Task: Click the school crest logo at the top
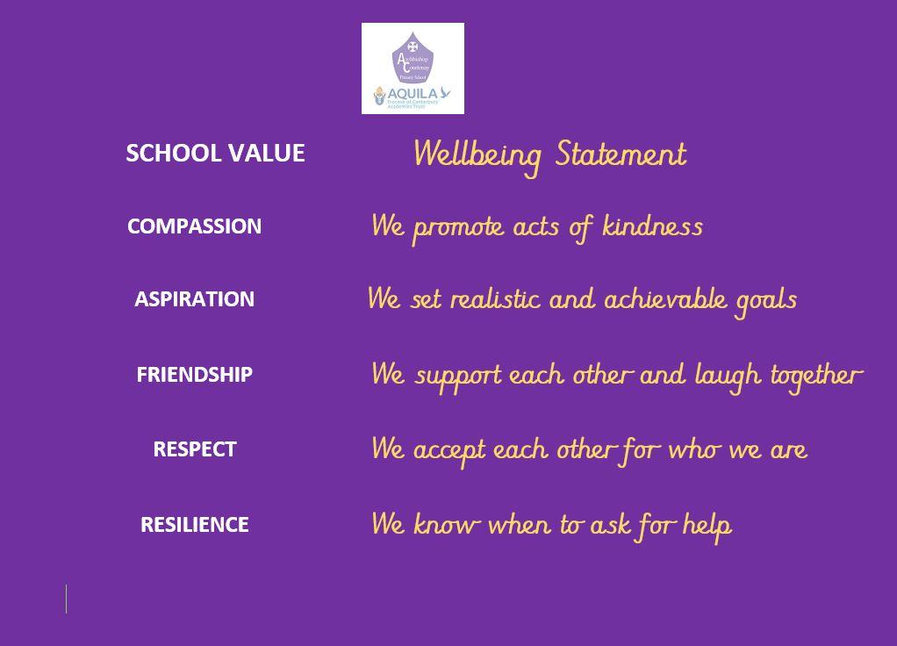[413, 68]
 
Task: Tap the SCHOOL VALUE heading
[215, 153]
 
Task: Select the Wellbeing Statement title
[549, 154]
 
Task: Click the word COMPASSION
[194, 226]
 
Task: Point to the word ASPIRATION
[194, 299]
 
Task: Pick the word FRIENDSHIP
[194, 375]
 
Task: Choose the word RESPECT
[194, 449]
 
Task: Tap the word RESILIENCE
[194, 525]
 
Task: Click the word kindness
[652, 226]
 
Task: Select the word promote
[458, 228]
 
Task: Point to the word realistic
[494, 299]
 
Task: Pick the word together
[816, 376]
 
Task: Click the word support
[457, 377]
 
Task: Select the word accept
[448, 451]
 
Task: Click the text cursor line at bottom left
[66, 599]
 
